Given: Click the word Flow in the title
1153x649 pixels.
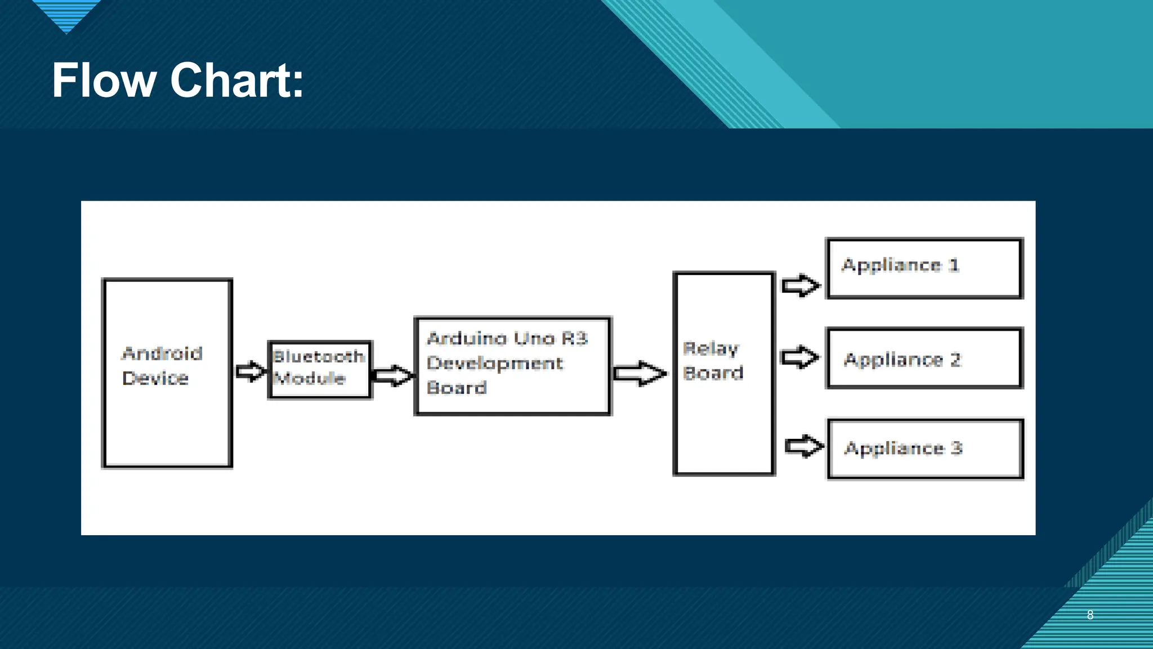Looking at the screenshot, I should click(104, 81).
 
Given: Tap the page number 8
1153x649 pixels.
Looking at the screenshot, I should click(1090, 615).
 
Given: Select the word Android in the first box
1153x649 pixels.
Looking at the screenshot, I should click(162, 354).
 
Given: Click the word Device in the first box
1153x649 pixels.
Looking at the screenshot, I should click(155, 378).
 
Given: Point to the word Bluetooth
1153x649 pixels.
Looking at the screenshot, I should click(319, 357).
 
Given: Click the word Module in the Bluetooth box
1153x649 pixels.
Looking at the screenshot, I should click(310, 378).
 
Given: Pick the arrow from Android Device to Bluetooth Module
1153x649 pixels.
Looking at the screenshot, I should click(250, 371).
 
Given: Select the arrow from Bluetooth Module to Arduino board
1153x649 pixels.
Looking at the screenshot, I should click(392, 376).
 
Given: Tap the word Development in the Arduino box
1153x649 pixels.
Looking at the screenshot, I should click(495, 364).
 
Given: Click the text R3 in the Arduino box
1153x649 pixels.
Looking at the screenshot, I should click(575, 339).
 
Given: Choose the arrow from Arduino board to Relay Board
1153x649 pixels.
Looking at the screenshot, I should click(640, 374).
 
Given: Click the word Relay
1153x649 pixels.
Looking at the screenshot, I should click(710, 349).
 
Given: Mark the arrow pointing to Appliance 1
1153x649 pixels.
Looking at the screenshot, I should click(801, 285).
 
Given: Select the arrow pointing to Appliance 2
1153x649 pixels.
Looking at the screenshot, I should click(799, 357).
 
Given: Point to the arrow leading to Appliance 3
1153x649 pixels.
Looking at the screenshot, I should click(804, 447).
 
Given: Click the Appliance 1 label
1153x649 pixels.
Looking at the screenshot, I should click(900, 265).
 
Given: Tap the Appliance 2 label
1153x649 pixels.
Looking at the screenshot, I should click(902, 360).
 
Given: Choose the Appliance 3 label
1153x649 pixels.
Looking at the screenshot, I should click(903, 448).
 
